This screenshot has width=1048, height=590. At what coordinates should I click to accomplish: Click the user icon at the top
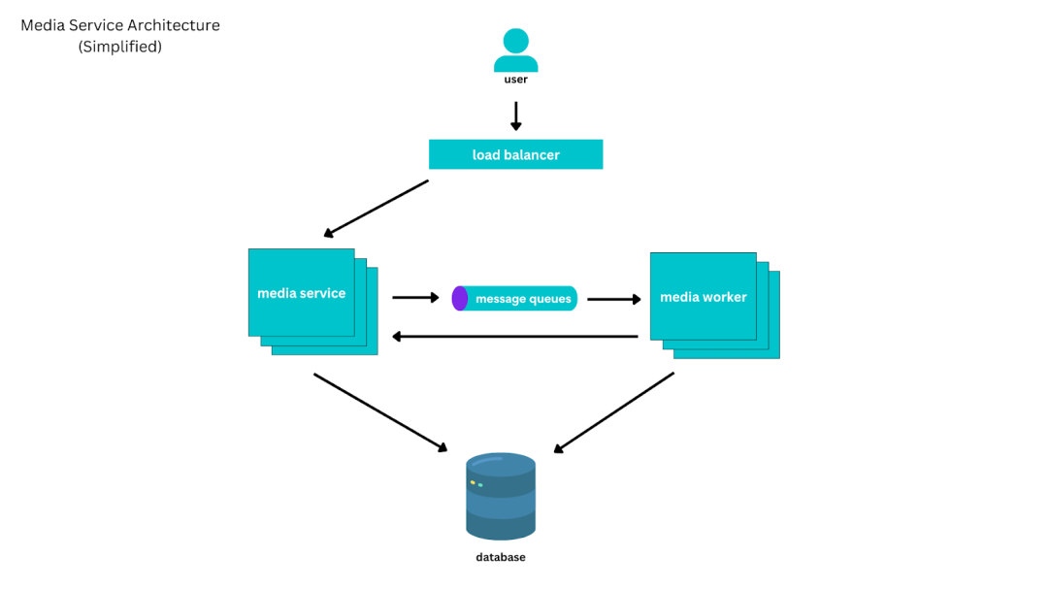[x=516, y=49]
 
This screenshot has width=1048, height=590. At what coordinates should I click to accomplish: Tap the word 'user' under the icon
[x=516, y=80]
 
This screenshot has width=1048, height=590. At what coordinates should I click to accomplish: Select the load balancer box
[x=516, y=154]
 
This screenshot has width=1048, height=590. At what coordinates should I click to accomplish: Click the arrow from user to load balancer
[x=516, y=115]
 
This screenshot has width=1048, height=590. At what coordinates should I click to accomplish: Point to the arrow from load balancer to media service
[x=376, y=209]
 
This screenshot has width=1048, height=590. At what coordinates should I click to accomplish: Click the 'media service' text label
[x=302, y=293]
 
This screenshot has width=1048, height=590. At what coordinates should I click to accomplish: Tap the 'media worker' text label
[x=704, y=297]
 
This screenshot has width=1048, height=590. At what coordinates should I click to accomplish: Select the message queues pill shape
[x=514, y=299]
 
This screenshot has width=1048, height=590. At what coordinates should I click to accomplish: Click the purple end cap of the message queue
[x=460, y=299]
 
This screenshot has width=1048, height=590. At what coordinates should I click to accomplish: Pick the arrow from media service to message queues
[x=415, y=297]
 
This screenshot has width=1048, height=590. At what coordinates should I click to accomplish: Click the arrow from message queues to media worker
[x=614, y=299]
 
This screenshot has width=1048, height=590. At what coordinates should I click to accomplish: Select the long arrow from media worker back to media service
[x=514, y=337]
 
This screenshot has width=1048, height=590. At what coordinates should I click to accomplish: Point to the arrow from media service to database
[x=381, y=413]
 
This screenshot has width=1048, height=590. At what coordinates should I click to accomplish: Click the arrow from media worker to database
[x=613, y=413]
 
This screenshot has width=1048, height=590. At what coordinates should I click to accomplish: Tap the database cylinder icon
[x=501, y=497]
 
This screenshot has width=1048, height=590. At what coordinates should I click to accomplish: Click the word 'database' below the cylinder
[x=501, y=557]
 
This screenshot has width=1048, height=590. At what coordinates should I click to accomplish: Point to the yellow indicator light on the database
[x=473, y=482]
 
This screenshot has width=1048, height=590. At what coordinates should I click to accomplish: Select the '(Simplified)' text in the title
[x=120, y=47]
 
